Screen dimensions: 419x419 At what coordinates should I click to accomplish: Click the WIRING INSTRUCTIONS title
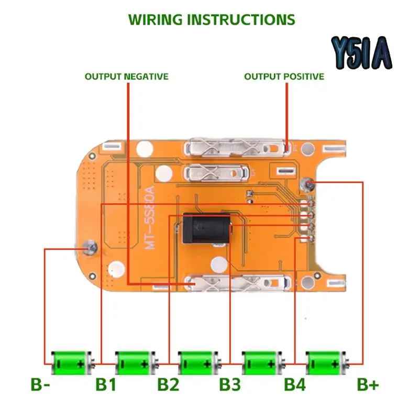[212, 19]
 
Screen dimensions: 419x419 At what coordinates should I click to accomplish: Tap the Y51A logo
[361, 53]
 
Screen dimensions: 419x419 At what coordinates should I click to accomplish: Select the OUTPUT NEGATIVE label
[127, 76]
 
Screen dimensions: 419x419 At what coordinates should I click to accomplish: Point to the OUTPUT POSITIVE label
[284, 76]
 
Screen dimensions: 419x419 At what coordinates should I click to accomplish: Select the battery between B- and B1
[71, 361]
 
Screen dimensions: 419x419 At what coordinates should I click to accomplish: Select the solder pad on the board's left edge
[90, 246]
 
